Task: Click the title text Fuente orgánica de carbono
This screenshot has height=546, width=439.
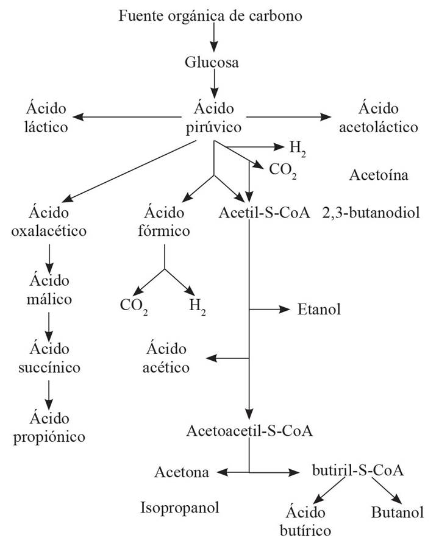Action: [x=210, y=15]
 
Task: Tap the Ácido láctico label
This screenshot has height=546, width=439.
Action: [x=46, y=118]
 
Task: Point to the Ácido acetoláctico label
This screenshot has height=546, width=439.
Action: [x=379, y=118]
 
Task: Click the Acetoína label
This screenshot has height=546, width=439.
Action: [x=378, y=175]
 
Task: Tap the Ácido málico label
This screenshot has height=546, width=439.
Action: [x=49, y=289]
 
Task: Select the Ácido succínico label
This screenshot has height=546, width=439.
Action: [x=49, y=358]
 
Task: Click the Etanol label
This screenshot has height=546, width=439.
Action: [x=318, y=309]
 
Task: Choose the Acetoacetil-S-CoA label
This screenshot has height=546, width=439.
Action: [x=249, y=431]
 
